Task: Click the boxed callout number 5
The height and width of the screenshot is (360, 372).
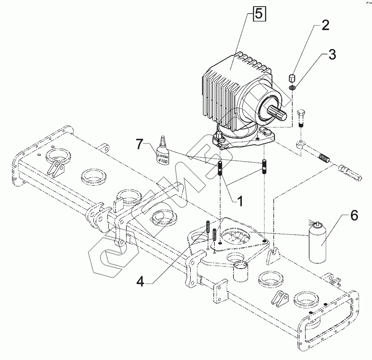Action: pos(258,14)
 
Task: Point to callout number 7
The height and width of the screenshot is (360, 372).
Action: pos(140,145)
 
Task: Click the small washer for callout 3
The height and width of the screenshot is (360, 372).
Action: pos(293,88)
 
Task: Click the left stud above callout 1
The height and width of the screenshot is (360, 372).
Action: pos(220,169)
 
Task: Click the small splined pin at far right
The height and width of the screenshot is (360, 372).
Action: pos(351,172)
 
